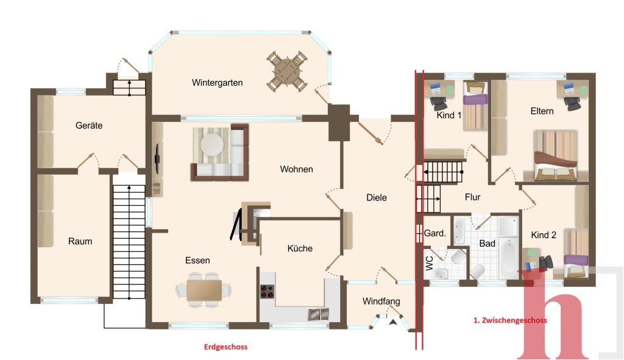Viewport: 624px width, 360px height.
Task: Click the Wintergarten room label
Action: (x=217, y=83)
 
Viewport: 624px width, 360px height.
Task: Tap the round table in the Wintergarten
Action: (x=287, y=72)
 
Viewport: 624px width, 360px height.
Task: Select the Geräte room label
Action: (x=89, y=125)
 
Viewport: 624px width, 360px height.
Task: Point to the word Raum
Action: (x=80, y=241)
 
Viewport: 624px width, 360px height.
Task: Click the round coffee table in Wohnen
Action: (x=211, y=144)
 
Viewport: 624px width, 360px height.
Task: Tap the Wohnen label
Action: (x=297, y=169)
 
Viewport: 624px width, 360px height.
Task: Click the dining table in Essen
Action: (x=204, y=290)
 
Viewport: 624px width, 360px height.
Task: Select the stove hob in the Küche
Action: (x=268, y=291)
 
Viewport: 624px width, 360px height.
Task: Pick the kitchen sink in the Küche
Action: (x=319, y=314)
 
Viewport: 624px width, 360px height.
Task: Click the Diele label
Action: (x=377, y=197)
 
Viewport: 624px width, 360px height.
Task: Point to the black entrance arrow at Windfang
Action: (x=393, y=322)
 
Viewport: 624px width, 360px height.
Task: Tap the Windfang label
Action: (x=381, y=301)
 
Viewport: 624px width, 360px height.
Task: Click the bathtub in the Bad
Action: (x=509, y=258)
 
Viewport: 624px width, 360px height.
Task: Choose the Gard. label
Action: (x=435, y=233)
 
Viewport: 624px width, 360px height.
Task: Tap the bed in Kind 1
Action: (x=475, y=106)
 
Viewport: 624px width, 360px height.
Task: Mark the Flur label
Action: (x=472, y=197)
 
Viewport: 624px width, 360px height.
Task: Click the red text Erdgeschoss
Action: (x=225, y=347)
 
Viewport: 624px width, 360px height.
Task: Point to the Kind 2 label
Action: (x=544, y=235)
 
